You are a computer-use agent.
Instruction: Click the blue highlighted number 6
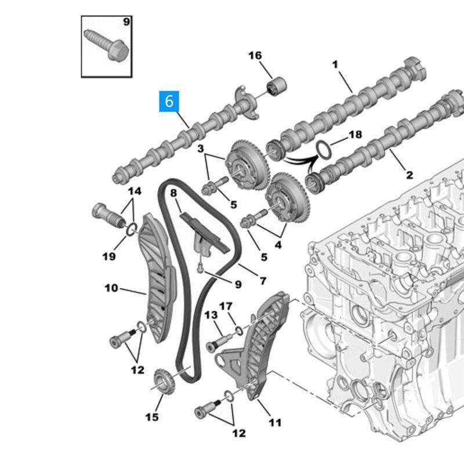click(x=169, y=101)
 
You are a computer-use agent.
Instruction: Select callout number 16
click(x=255, y=56)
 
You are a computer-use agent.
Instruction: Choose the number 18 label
click(x=354, y=135)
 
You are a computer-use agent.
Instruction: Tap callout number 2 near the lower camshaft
click(x=409, y=175)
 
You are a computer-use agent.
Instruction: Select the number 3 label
click(x=201, y=150)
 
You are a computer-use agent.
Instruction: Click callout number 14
click(x=135, y=191)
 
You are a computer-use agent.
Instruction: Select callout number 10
click(x=111, y=287)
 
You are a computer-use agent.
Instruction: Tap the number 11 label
click(x=275, y=423)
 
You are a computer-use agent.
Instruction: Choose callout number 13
click(x=210, y=314)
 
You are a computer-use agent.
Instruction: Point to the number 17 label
click(x=226, y=306)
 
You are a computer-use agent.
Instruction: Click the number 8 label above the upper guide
click(x=173, y=192)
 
